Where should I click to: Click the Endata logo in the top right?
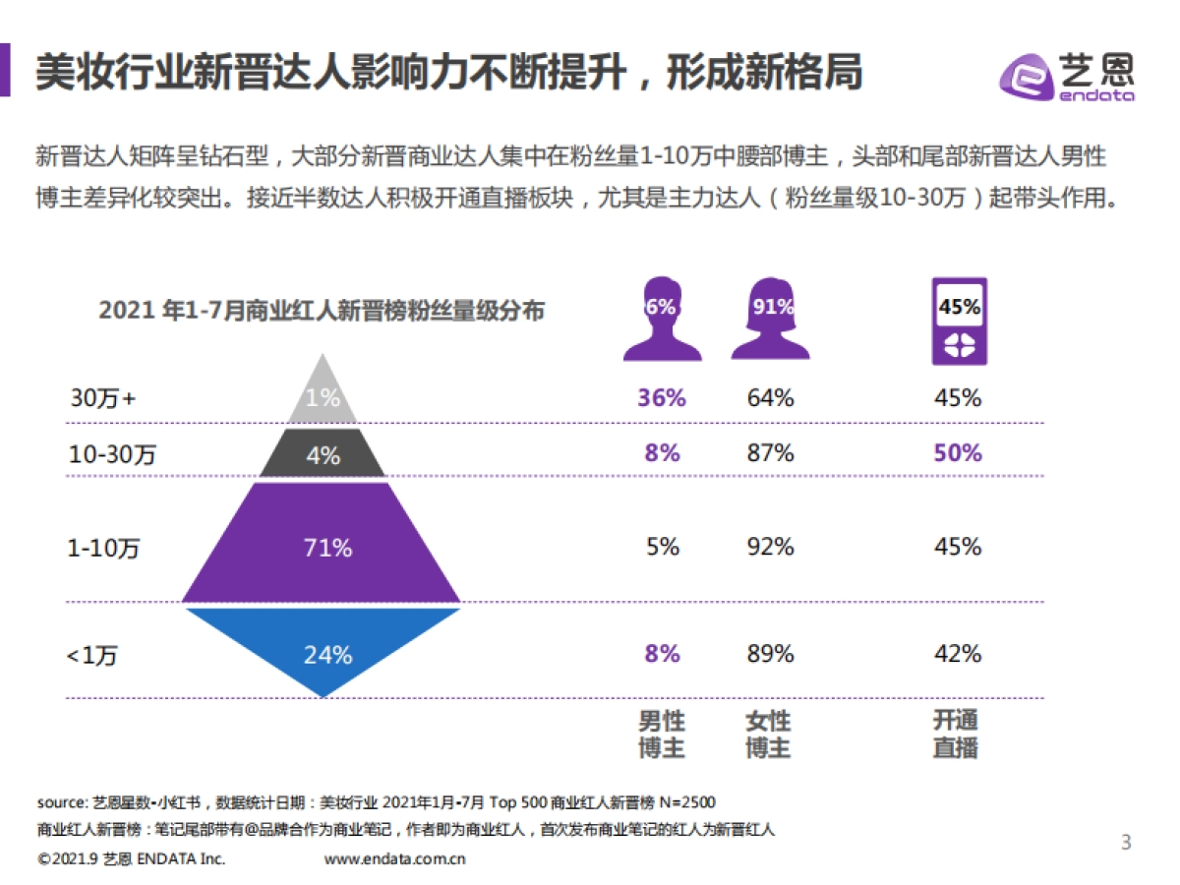coord(1067,75)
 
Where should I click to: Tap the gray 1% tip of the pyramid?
coord(323,395)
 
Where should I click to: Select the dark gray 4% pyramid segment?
coord(323,455)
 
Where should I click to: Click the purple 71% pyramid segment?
coord(323,547)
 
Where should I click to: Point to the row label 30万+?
coord(103,398)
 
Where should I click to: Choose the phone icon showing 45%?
coord(958,321)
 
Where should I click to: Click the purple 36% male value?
coord(661,398)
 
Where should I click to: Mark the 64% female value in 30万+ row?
coord(769,398)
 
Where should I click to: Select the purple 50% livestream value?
coord(958,453)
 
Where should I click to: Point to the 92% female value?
coord(769,547)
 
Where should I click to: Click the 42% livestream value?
coord(958,654)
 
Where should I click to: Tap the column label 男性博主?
coord(661,735)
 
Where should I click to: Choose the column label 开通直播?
coord(955,735)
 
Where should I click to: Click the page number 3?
coord(1127,842)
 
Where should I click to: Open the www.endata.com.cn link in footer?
coord(394,858)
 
